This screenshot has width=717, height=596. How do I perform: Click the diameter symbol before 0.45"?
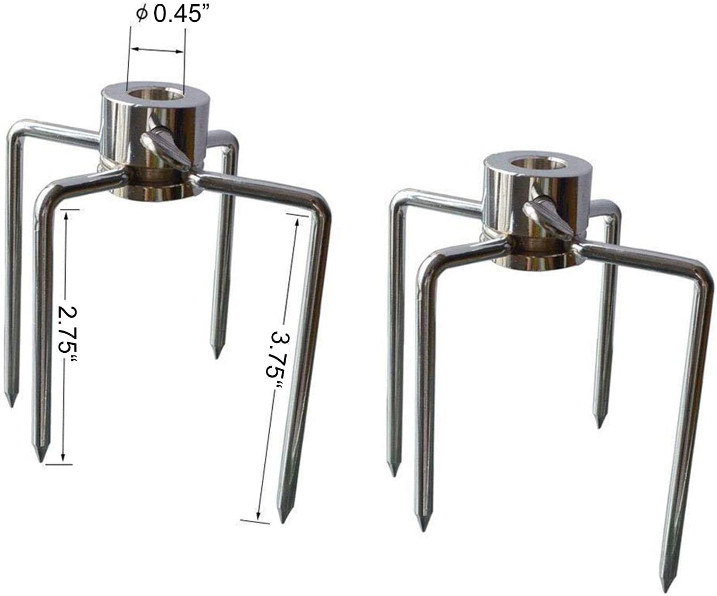[x=143, y=14]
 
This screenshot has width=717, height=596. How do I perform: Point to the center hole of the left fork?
[x=156, y=95]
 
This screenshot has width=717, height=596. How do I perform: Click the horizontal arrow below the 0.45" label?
[x=157, y=50]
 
